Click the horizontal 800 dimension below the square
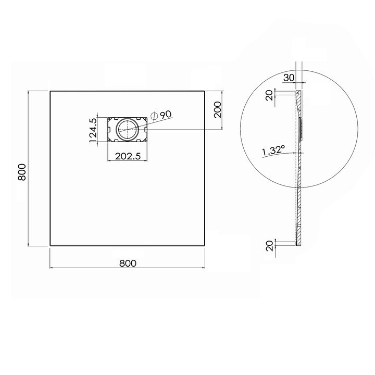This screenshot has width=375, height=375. (x=128, y=264)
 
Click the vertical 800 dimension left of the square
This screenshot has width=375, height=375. (x=22, y=172)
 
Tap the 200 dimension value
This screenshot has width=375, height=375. (x=218, y=109)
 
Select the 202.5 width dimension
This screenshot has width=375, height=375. (x=128, y=156)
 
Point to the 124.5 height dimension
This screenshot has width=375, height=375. (x=93, y=130)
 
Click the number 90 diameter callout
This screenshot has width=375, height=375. (x=166, y=114)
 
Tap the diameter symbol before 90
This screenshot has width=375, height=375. (x=155, y=116)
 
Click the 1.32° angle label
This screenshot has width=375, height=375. (x=273, y=151)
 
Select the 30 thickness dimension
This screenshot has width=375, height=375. (x=289, y=78)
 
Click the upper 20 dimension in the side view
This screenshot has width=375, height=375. (x=270, y=95)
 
